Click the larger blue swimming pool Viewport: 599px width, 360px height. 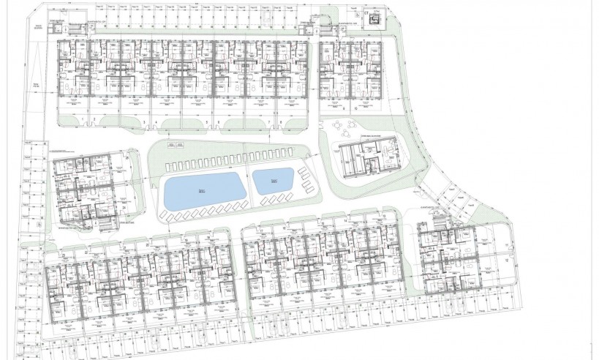pyautogui.click(x=201, y=192)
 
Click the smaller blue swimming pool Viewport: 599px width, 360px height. pyautogui.click(x=274, y=181)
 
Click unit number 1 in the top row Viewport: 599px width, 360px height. pyautogui.click(x=86, y=119)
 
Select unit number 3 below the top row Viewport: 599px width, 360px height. pyautogui.click(x=145, y=122)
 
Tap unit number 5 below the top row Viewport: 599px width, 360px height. pyautogui.click(x=208, y=122)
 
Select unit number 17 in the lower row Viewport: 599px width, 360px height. pyautogui.click(x=261, y=230)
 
